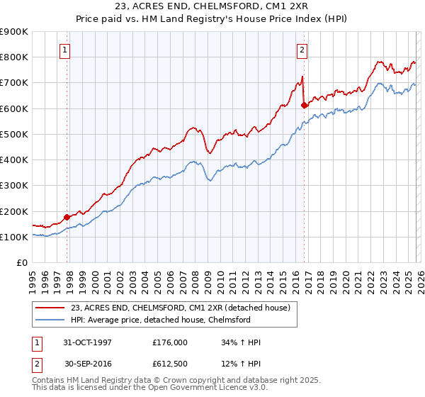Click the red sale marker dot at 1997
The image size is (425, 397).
point(67,218)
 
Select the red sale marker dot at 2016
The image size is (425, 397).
point(304,105)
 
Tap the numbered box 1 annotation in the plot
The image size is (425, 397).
point(65,50)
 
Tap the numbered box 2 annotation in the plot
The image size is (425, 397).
point(302,50)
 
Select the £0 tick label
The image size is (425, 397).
point(21,263)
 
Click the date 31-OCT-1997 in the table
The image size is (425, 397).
point(88,342)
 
